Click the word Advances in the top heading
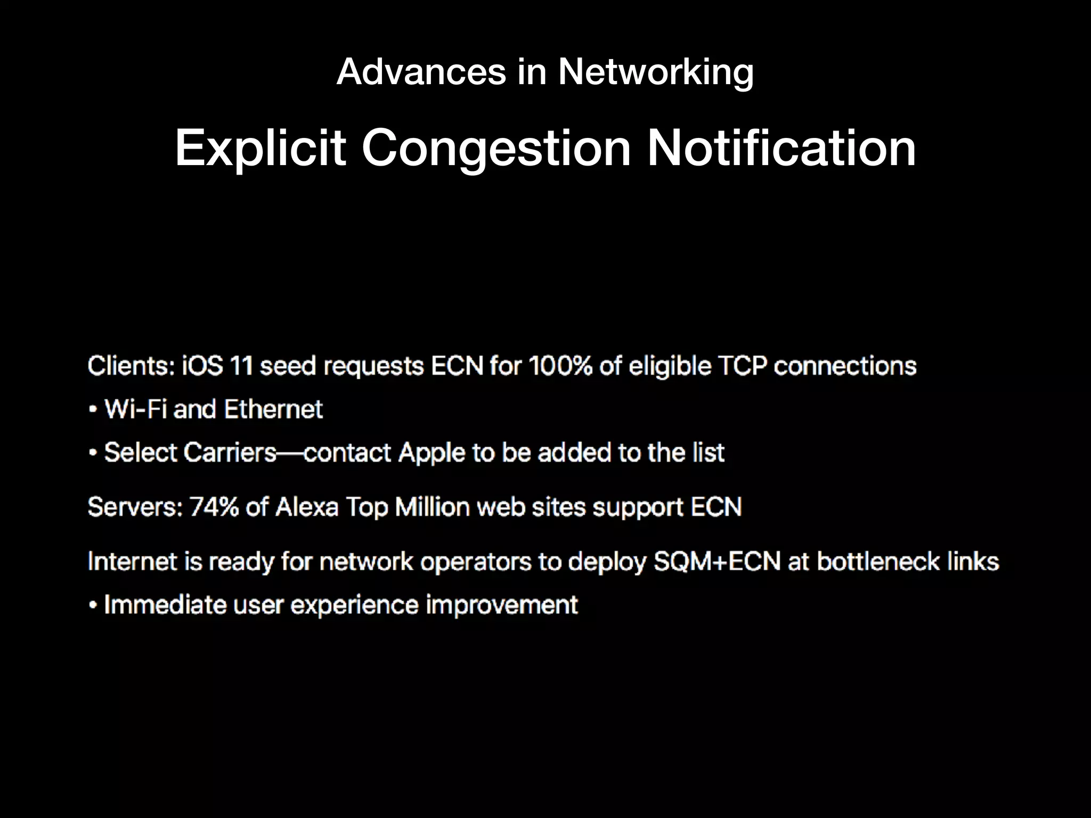pyautogui.click(x=421, y=72)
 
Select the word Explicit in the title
pyautogui.click(x=260, y=149)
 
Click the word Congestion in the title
pyautogui.click(x=496, y=149)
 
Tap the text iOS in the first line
pyautogui.click(x=202, y=366)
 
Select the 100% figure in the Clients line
pyautogui.click(x=559, y=366)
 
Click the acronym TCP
pyautogui.click(x=741, y=366)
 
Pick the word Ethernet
pyautogui.click(x=273, y=410)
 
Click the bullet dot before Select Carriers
pyautogui.click(x=93, y=453)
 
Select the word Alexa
pyautogui.click(x=307, y=507)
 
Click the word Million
pyautogui.click(x=432, y=507)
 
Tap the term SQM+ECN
pyautogui.click(x=717, y=562)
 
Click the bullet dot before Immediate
pyautogui.click(x=93, y=606)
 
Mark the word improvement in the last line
pyautogui.click(x=501, y=606)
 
